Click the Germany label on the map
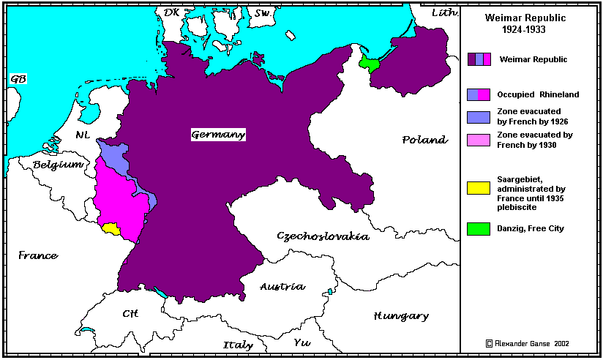(218, 135)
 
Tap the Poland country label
(424, 140)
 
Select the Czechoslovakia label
(323, 236)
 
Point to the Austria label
(282, 287)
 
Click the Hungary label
(401, 316)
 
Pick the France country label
(38, 255)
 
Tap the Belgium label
(58, 165)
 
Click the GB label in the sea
(18, 79)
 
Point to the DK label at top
(171, 12)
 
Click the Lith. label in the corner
(443, 12)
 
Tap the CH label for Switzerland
(130, 314)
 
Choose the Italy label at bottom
(238, 345)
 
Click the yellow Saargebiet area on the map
(111, 228)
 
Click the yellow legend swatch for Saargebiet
(479, 188)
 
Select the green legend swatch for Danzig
(479, 228)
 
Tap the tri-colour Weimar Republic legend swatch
(479, 59)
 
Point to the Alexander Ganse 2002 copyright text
(527, 343)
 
